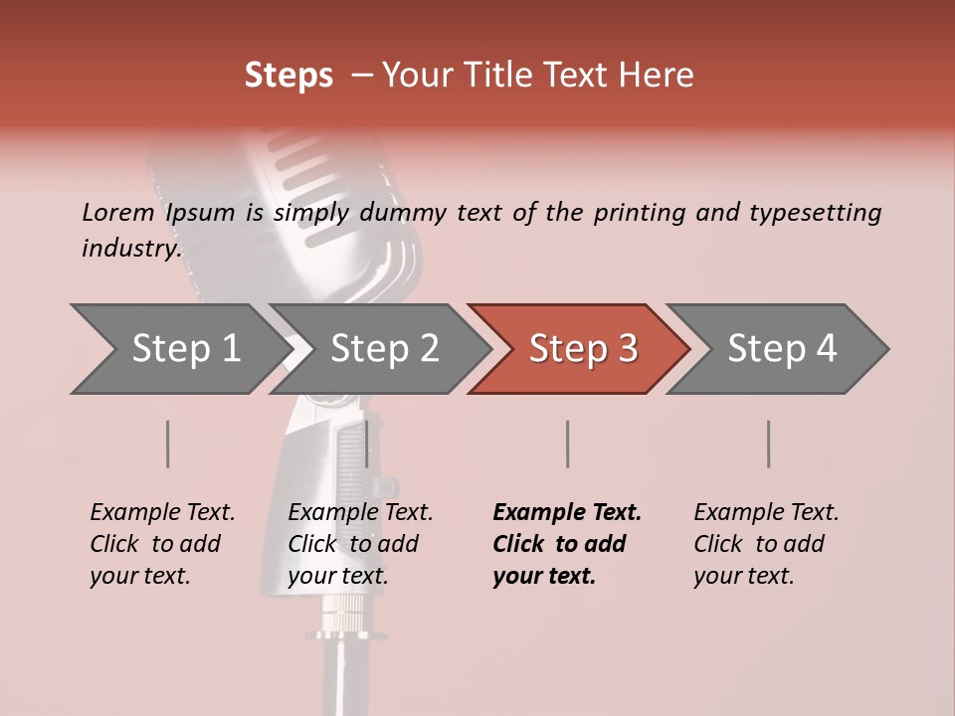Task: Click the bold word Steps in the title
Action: click(288, 76)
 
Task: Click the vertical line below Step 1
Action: click(168, 444)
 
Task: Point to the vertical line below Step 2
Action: click(367, 444)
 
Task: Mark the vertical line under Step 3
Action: click(568, 444)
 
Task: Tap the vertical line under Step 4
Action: click(769, 444)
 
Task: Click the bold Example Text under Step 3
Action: click(567, 513)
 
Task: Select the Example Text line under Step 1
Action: click(162, 513)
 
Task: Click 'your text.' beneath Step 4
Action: click(744, 576)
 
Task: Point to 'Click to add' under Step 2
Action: click(353, 544)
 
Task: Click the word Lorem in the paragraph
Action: click(117, 212)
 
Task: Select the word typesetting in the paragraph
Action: click(815, 213)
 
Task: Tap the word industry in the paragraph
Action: click(130, 248)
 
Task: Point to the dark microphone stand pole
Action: click(343, 676)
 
